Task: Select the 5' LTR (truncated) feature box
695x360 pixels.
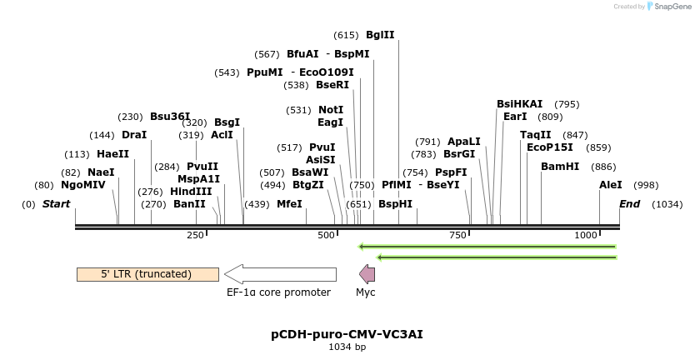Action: tap(147, 274)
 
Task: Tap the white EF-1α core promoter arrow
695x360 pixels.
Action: tap(280, 274)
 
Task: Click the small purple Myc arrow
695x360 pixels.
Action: tap(367, 274)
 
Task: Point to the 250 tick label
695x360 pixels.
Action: tap(196, 236)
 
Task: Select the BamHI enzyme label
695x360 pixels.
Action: tap(560, 167)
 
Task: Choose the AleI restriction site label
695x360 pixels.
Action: tap(611, 185)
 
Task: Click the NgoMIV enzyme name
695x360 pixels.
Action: tap(83, 185)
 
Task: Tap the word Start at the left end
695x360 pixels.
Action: tap(56, 204)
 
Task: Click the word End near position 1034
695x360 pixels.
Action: tap(630, 204)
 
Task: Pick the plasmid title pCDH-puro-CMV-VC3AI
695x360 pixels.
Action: tap(347, 334)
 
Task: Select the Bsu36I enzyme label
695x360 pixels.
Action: tap(170, 117)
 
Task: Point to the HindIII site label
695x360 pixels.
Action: tap(191, 191)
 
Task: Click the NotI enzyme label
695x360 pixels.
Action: tap(331, 110)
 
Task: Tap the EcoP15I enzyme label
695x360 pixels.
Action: tap(550, 147)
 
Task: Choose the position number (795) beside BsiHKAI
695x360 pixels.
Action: tap(567, 104)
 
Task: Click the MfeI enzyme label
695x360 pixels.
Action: tap(289, 204)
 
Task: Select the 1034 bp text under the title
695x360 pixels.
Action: tap(347, 347)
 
